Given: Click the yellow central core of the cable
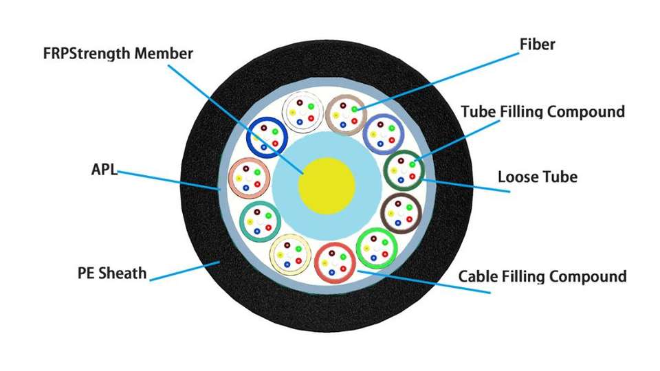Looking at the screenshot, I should click(x=327, y=185).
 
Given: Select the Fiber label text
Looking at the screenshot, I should click(x=537, y=45).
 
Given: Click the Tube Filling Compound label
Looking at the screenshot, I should click(x=542, y=111).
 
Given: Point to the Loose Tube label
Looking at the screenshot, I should click(x=537, y=177).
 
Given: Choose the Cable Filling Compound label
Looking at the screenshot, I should click(x=542, y=277).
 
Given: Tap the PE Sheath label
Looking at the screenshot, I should click(x=112, y=273).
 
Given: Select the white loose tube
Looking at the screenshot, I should click(x=302, y=110).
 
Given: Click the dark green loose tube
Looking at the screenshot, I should click(x=402, y=169).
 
